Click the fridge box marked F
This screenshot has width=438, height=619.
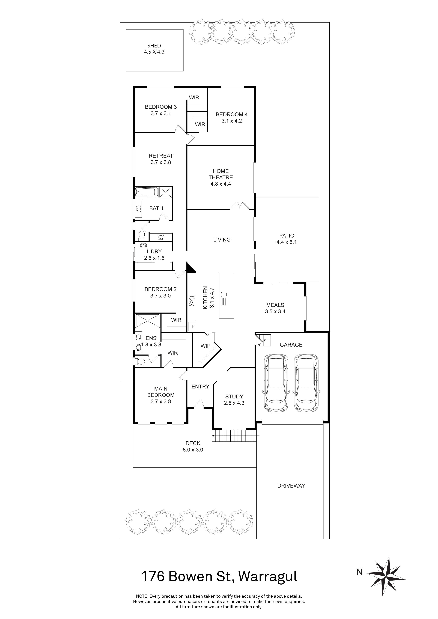coord(193,326)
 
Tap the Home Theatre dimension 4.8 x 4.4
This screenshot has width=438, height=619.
coord(221,184)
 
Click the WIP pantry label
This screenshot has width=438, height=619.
coord(205,346)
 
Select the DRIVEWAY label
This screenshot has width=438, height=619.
coord(291,486)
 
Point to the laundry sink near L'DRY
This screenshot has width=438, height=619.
coord(143,245)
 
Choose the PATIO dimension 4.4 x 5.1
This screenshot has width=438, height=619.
coord(286,242)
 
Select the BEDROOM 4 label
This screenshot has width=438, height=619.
coord(231,114)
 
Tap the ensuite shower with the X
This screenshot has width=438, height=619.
coord(148,320)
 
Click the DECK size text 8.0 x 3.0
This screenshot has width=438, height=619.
coord(193,450)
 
